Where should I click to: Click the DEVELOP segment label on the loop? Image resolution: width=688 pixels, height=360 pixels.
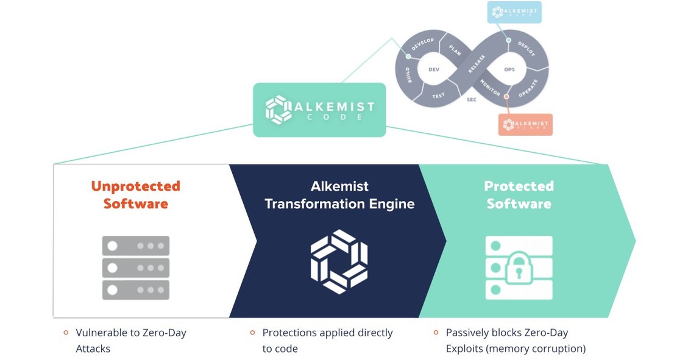[x=422, y=45]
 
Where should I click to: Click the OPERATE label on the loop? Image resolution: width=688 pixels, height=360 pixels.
[x=528, y=89]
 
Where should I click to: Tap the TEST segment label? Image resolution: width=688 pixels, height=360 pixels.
[x=438, y=96]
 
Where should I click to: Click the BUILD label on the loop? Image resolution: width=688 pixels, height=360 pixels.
[x=407, y=75]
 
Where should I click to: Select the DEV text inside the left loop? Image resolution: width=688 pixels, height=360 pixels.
[x=434, y=69]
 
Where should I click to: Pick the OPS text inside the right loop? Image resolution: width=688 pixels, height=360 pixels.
[x=509, y=69]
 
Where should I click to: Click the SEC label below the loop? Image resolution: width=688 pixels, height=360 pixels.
[x=471, y=99]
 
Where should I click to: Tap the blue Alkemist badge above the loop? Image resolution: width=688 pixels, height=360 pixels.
[x=514, y=12]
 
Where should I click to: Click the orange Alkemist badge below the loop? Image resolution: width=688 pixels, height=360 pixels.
[x=525, y=124]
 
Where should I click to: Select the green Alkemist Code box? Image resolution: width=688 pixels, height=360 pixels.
[x=319, y=110]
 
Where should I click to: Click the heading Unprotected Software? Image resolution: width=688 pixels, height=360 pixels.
[x=135, y=194]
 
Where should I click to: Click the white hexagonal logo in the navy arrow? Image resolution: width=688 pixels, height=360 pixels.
[x=339, y=261]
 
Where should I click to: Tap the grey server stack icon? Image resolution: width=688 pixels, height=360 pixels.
[x=135, y=268]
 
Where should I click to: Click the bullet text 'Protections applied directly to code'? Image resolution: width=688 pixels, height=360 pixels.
[x=327, y=341]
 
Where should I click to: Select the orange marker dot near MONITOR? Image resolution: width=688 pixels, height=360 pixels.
[x=506, y=96]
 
